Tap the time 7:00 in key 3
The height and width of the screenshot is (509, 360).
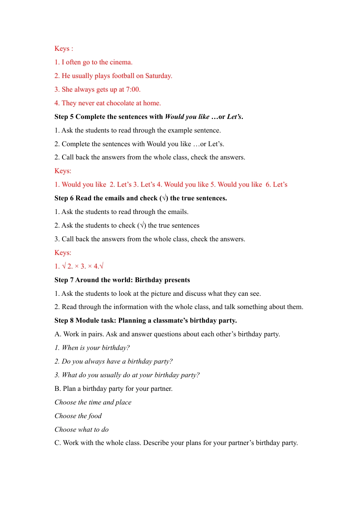pos(133,89)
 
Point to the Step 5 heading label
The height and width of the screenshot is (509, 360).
pos(64,117)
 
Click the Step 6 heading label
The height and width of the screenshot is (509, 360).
pos(64,198)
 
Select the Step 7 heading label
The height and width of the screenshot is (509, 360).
pos(64,280)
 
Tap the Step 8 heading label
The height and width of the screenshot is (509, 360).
pos(64,320)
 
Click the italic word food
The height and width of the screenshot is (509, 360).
pos(95,416)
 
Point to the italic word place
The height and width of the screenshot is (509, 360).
pos(124,402)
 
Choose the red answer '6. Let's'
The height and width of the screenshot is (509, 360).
pos(277,184)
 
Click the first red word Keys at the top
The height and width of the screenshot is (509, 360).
pos(62,48)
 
